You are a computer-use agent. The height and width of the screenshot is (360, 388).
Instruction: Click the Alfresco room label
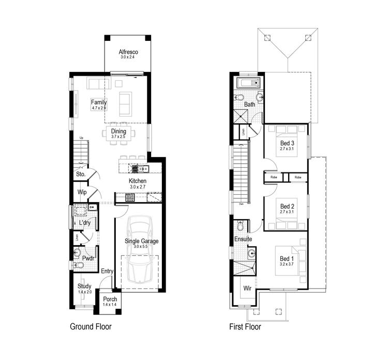(127, 52)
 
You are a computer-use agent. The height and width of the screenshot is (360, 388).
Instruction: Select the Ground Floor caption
(91, 327)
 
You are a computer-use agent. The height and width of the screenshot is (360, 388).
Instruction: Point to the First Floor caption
(245, 327)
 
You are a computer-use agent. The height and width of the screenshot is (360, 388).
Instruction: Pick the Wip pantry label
(82, 192)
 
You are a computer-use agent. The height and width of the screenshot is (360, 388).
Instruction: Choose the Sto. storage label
(81, 175)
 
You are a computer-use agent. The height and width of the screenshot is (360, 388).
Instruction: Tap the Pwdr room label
(88, 257)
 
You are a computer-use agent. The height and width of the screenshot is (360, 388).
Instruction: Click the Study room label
(84, 286)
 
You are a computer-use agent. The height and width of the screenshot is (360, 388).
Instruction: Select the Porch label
(110, 299)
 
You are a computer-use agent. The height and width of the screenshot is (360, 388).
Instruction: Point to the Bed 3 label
(287, 143)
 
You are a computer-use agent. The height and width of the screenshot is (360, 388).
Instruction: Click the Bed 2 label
(287, 206)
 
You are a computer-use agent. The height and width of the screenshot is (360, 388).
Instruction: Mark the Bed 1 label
(287, 258)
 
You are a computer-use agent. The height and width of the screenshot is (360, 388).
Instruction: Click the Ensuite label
(243, 239)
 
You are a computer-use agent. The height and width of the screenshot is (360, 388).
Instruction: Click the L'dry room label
(85, 223)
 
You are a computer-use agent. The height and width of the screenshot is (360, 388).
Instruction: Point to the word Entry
(107, 271)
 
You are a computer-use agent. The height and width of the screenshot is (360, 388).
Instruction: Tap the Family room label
(99, 102)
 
